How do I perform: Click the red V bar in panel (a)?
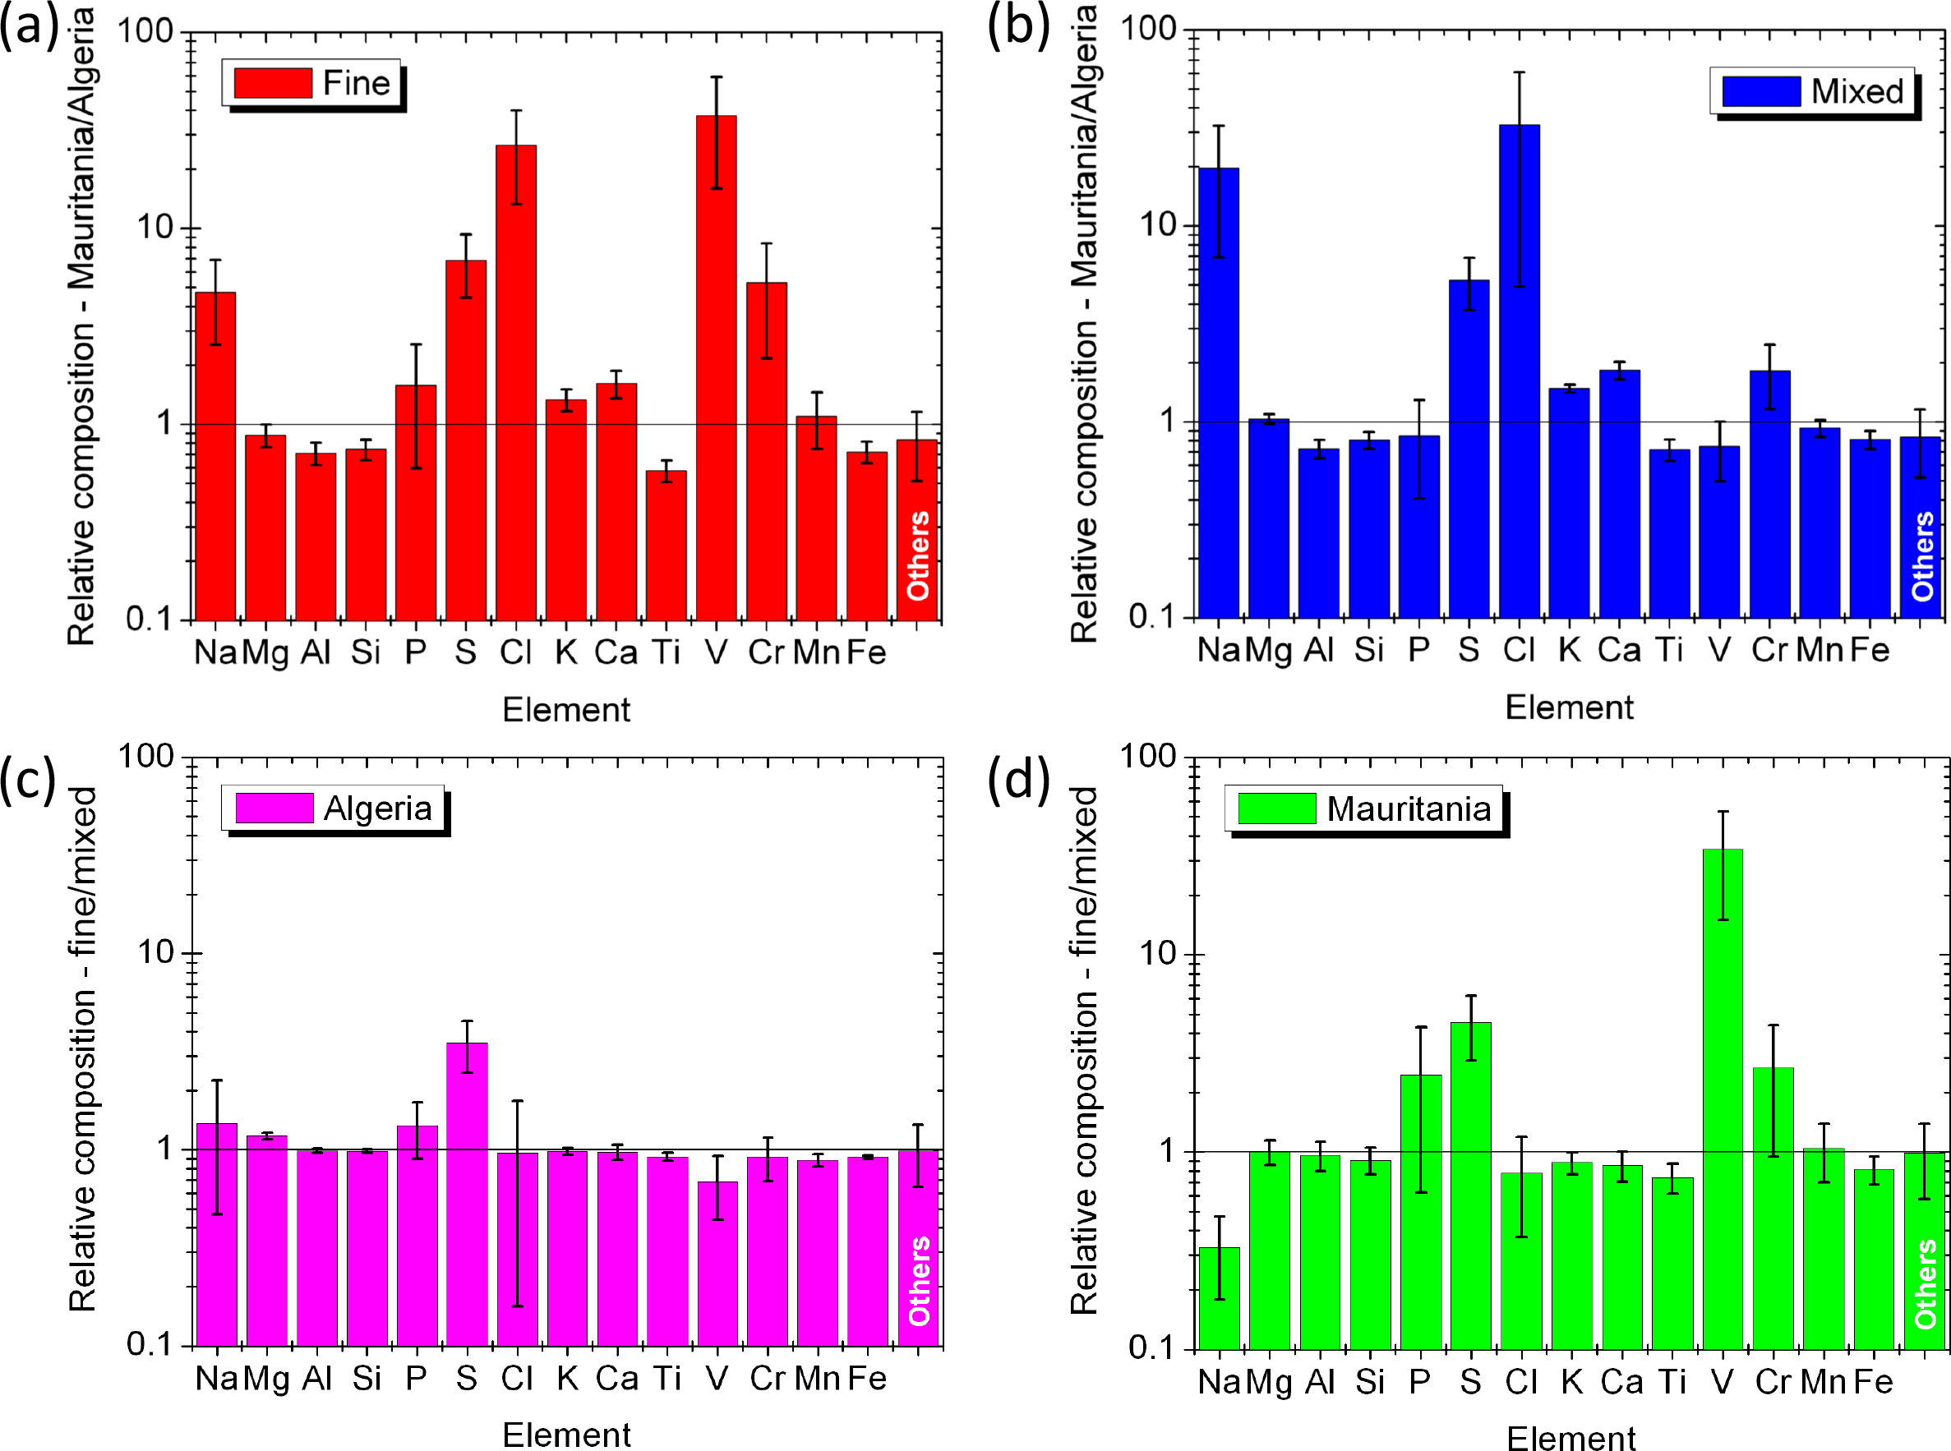pyautogui.click(x=716, y=369)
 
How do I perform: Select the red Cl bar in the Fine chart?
pyautogui.click(x=515, y=383)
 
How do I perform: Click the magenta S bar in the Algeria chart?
pyautogui.click(x=467, y=1195)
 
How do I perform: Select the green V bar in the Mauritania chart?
pyautogui.click(x=1723, y=1098)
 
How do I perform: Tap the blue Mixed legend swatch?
pyautogui.click(x=1761, y=91)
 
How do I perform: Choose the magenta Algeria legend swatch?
pyautogui.click(x=274, y=808)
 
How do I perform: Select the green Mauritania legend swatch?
pyautogui.click(x=1276, y=808)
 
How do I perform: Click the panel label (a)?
pyautogui.click(x=29, y=26)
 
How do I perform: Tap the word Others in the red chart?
pyautogui.click(x=918, y=556)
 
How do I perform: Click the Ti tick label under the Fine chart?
pyautogui.click(x=666, y=652)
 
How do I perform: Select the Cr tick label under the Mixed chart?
pyautogui.click(x=1769, y=650)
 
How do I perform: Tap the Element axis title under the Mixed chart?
pyautogui.click(x=1569, y=708)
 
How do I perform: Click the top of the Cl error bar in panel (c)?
pyautogui.click(x=518, y=1100)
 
